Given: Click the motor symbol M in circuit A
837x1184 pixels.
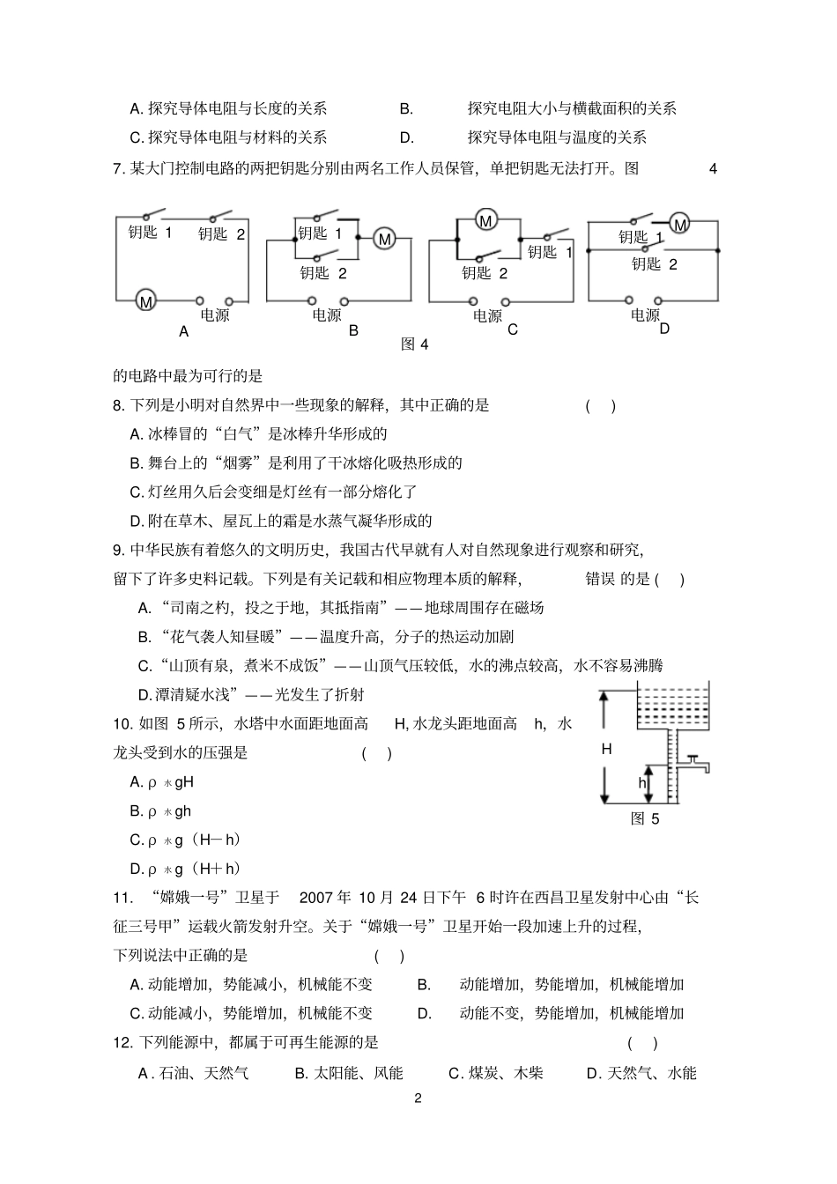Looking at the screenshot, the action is pyautogui.click(x=146, y=301).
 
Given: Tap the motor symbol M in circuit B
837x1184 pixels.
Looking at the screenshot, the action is pyautogui.click(x=384, y=238).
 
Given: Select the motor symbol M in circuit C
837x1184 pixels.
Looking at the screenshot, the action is pyautogui.click(x=485, y=219).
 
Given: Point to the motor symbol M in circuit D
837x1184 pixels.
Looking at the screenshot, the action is pyautogui.click(x=680, y=226).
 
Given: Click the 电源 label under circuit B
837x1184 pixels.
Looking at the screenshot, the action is pyautogui.click(x=326, y=314).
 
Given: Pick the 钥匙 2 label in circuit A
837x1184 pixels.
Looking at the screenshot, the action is pyautogui.click(x=222, y=234).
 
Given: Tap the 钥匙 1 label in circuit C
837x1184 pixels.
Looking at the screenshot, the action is pyautogui.click(x=550, y=253).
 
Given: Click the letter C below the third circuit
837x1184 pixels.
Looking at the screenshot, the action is pyautogui.click(x=513, y=330).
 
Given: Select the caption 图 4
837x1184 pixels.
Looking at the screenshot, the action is pyautogui.click(x=414, y=344).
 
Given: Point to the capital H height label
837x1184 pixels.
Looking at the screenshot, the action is pyautogui.click(x=606, y=750).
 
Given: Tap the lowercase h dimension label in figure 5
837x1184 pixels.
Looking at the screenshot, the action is pyautogui.click(x=642, y=782).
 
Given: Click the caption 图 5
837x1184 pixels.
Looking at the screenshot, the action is pyautogui.click(x=645, y=819).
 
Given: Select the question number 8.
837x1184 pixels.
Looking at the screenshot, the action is pyautogui.click(x=119, y=405).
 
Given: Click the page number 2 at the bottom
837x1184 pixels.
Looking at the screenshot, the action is pyautogui.click(x=418, y=1099).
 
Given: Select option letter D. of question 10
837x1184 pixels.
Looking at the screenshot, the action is pyautogui.click(x=137, y=869).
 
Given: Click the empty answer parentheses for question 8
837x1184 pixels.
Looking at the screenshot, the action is pyautogui.click(x=601, y=405).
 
